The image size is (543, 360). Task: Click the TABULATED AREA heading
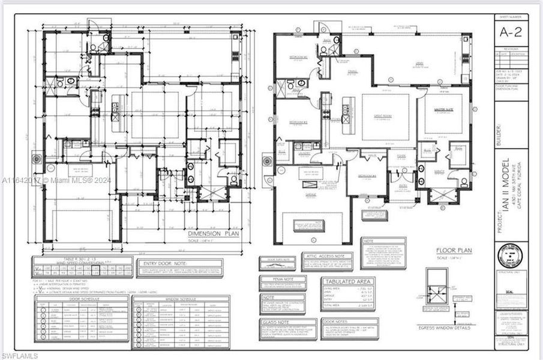(348, 281)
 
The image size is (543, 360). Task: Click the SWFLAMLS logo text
(20, 355)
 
